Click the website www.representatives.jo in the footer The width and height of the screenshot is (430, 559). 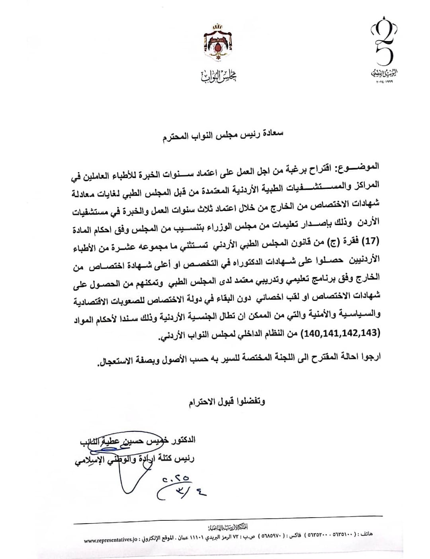(x=111, y=540)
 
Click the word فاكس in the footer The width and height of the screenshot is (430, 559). (x=297, y=534)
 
